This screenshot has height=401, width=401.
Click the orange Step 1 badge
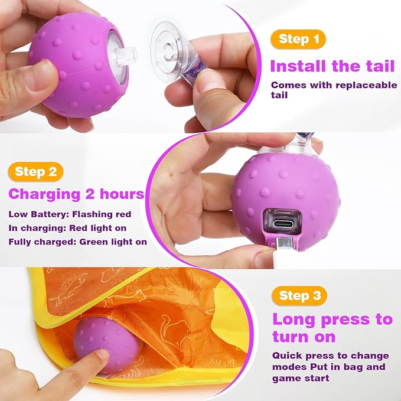(298, 40)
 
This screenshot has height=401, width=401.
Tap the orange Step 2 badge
(37, 172)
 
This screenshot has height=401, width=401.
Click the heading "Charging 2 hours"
(76, 194)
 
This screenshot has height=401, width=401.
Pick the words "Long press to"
(332, 320)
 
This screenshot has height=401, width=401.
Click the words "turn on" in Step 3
(304, 337)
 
